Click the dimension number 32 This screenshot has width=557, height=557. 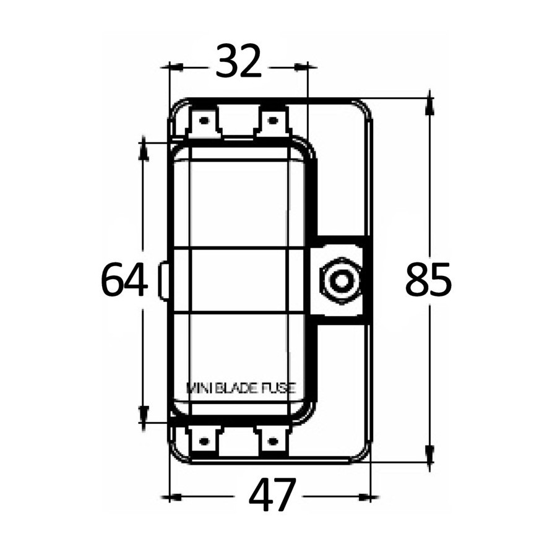point(238,61)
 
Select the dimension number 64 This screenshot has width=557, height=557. point(124,279)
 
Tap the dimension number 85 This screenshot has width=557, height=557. point(428,279)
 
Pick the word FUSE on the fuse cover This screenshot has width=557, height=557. point(279,388)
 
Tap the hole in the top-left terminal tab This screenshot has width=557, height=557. point(204,121)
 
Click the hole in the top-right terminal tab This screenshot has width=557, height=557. point(272,121)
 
